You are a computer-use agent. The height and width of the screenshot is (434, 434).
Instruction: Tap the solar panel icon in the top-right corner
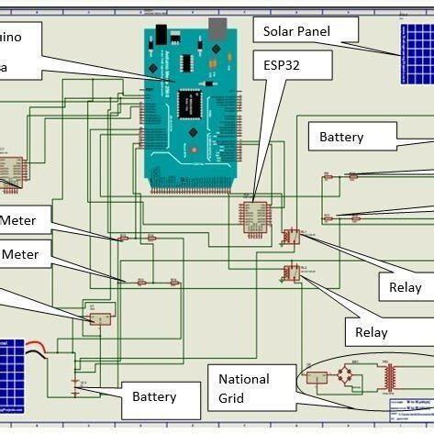(415, 51)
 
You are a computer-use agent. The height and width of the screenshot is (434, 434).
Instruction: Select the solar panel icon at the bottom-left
(12, 364)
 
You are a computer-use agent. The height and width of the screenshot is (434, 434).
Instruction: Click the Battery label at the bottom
(153, 397)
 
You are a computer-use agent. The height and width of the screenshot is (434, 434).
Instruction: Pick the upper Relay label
(405, 287)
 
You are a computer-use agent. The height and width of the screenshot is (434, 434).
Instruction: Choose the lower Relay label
(371, 332)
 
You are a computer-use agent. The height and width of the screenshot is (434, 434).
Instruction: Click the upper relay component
(291, 236)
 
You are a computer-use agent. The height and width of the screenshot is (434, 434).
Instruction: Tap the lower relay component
(291, 272)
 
